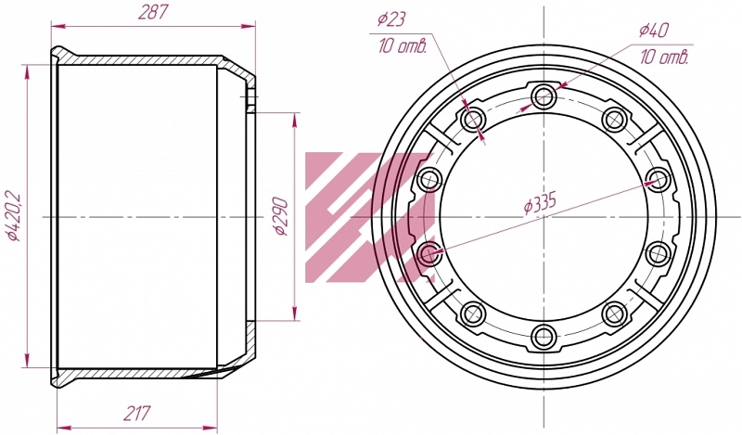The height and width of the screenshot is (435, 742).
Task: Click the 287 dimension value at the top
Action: [x=153, y=13]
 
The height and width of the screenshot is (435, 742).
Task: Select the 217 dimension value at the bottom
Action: [x=136, y=414]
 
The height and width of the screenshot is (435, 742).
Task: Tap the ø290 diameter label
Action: [x=280, y=216]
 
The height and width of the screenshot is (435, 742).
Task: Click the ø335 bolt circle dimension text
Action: [x=540, y=202]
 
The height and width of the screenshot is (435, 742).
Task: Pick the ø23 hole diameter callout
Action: [x=391, y=19]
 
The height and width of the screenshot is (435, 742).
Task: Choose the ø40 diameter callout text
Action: [x=654, y=31]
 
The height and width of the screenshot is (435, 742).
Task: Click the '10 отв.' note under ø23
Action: [x=403, y=46]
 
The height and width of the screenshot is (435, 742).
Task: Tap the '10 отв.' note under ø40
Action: [x=664, y=58]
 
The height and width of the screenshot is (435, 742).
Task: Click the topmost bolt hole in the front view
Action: [x=544, y=96]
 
